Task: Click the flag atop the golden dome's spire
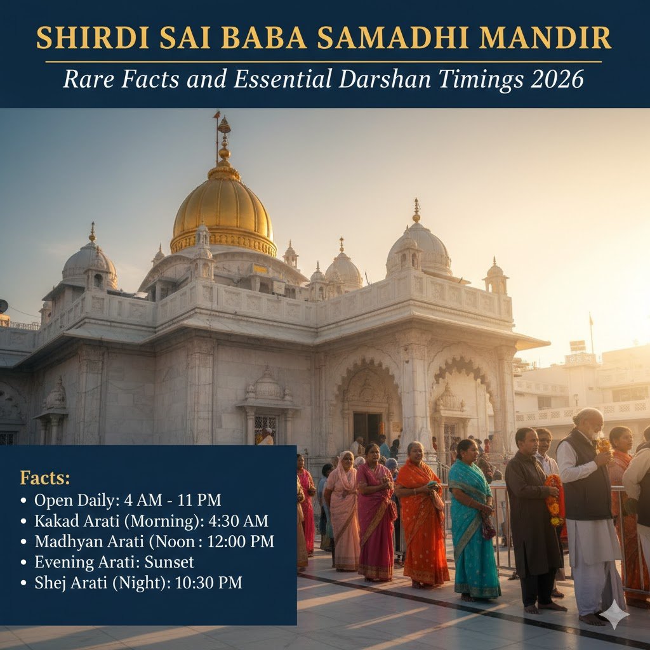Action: [x=216, y=115]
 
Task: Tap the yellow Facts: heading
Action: [x=45, y=478]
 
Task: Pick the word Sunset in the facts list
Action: [x=169, y=562]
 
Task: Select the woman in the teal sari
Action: [x=473, y=521]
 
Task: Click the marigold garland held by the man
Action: [x=555, y=498]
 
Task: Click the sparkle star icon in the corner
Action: [x=614, y=614]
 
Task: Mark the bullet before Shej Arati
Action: [x=23, y=583]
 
